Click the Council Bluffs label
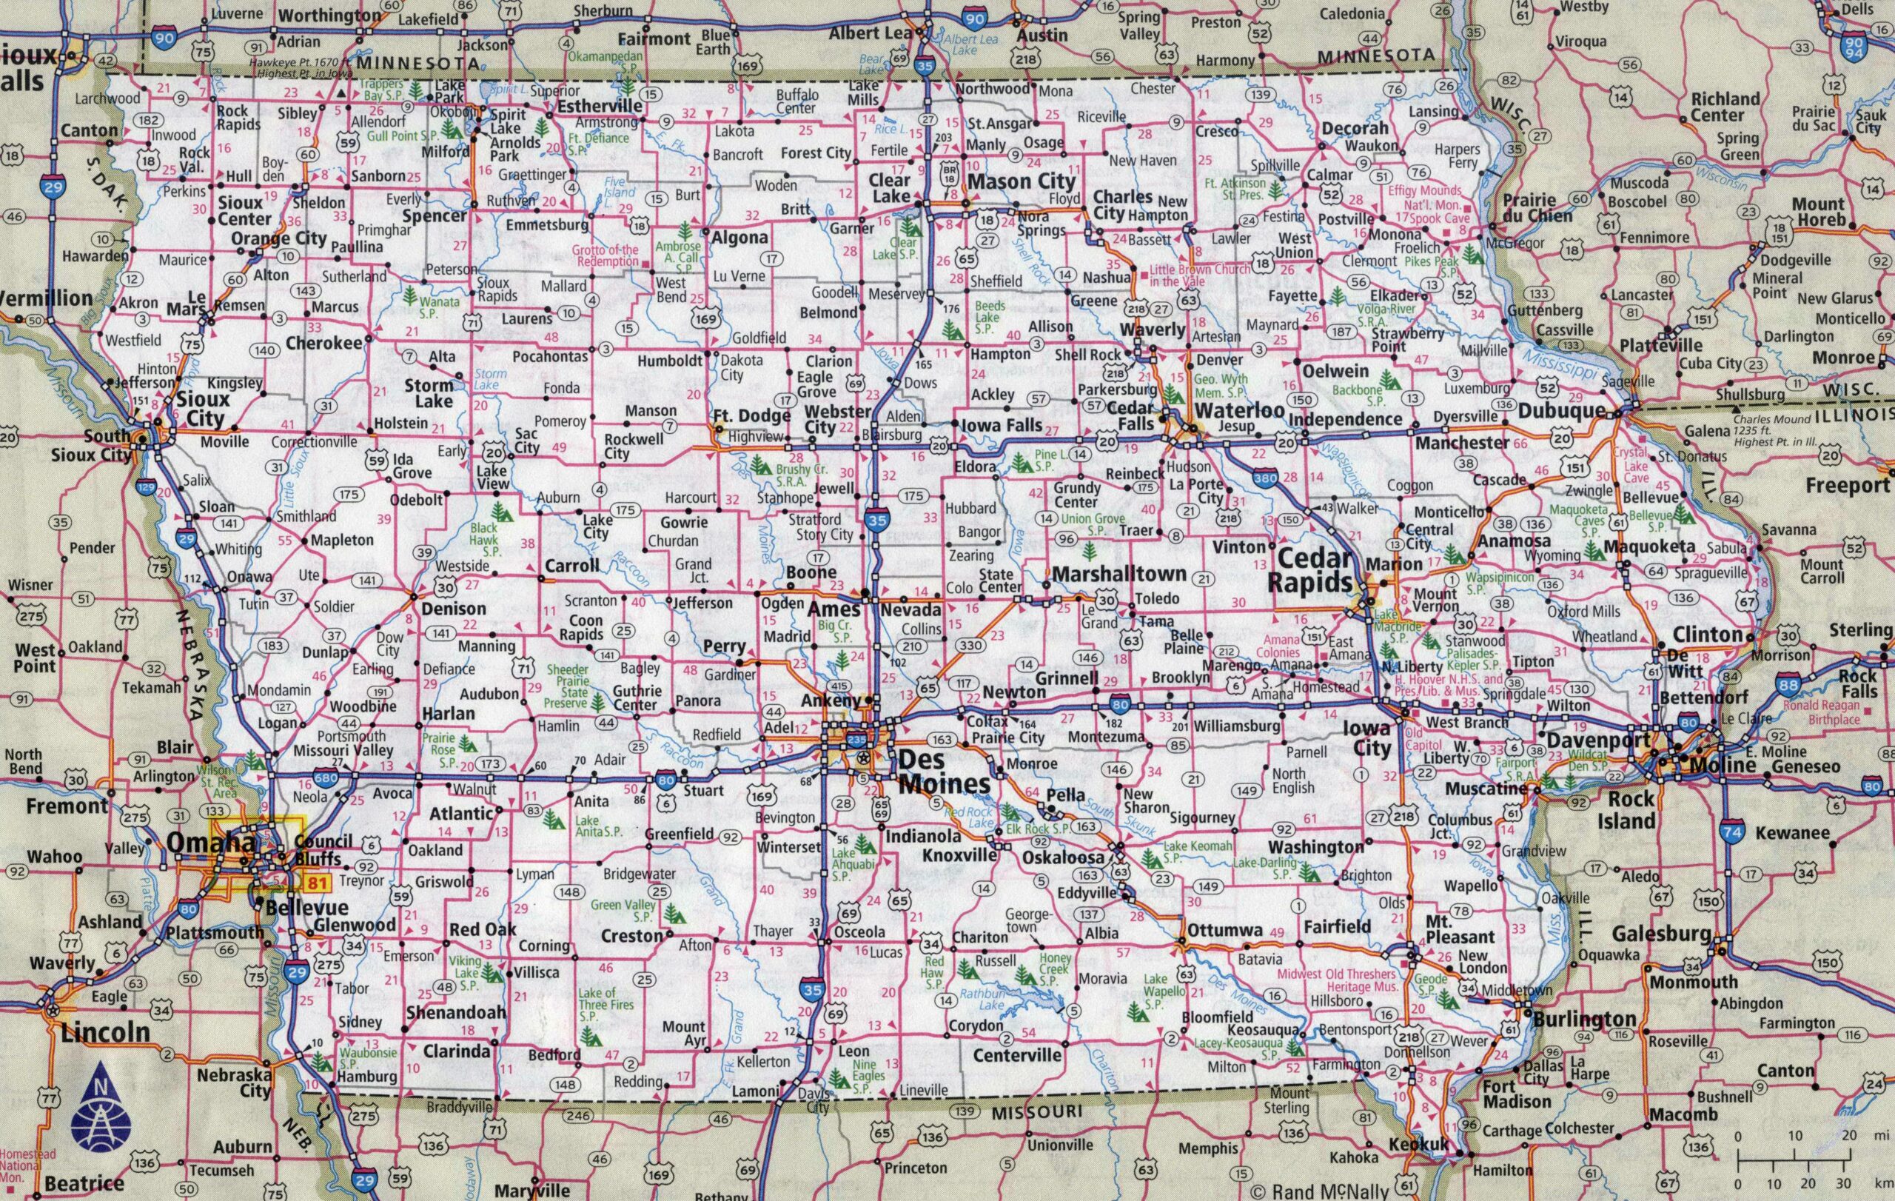click(x=323, y=849)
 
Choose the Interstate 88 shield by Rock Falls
click(x=1788, y=686)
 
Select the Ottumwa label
click(x=1224, y=929)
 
